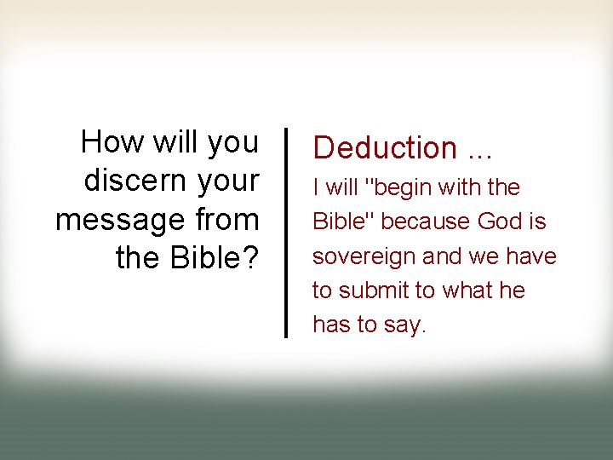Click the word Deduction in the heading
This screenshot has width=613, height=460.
[x=385, y=147]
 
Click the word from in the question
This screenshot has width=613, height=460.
[x=226, y=220]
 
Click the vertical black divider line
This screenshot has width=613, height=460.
[x=285, y=232]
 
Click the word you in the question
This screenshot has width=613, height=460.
[x=232, y=142]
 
